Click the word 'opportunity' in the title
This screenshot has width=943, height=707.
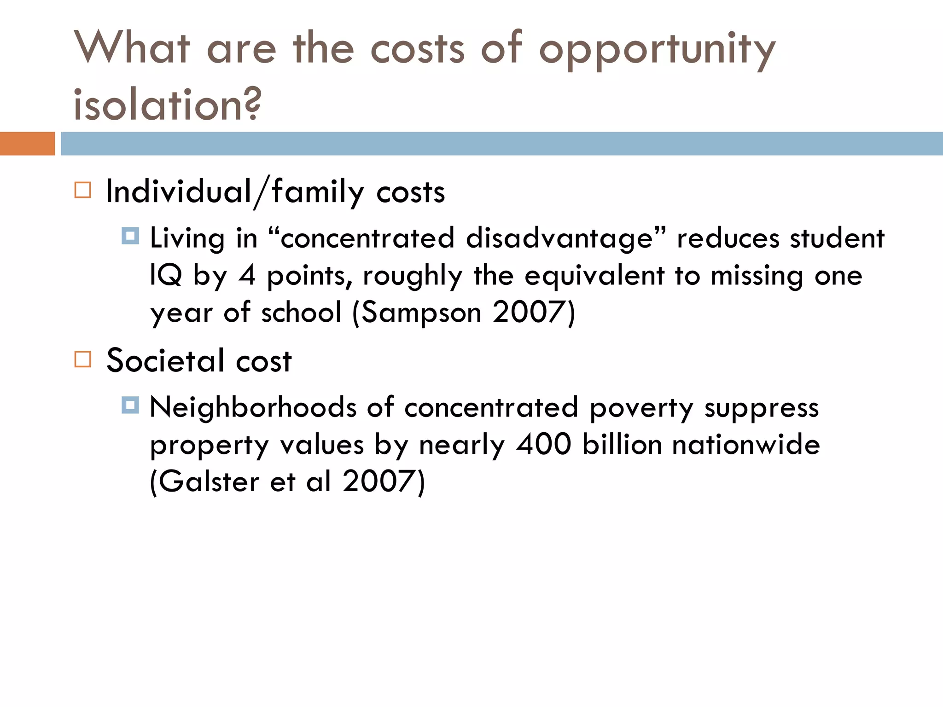pyautogui.click(x=658, y=50)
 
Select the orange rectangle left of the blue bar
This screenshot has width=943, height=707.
pyautogui.click(x=27, y=144)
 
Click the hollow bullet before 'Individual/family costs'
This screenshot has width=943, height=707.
pyautogui.click(x=83, y=190)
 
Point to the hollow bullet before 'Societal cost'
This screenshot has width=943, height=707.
pyautogui.click(x=83, y=359)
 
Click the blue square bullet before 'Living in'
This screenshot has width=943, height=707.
pyautogui.click(x=130, y=236)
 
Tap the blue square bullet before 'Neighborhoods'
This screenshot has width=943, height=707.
pyautogui.click(x=130, y=405)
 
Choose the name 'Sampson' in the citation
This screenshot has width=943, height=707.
pyautogui.click(x=421, y=313)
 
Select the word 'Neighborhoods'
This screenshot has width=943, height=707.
pyautogui.click(x=253, y=407)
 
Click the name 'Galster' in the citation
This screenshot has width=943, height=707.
pyautogui.click(x=210, y=481)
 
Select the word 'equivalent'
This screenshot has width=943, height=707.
pyautogui.click(x=594, y=276)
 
